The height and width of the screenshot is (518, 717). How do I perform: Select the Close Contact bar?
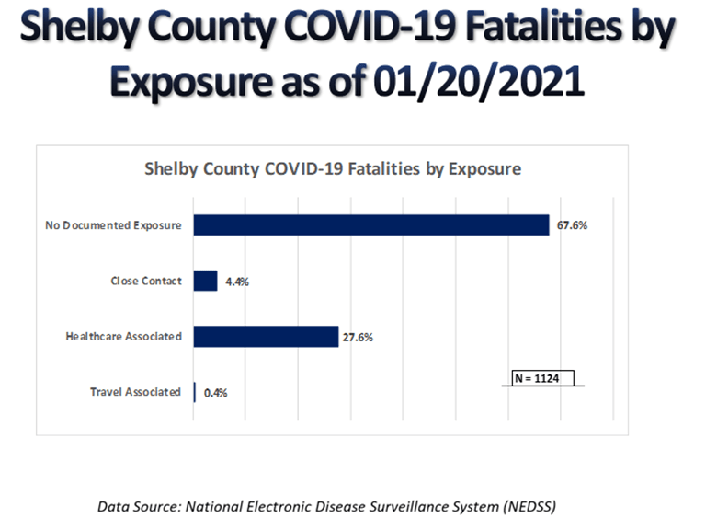(x=205, y=281)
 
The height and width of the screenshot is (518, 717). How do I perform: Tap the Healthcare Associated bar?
(x=266, y=336)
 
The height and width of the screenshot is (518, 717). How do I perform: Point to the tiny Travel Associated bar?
(x=194, y=391)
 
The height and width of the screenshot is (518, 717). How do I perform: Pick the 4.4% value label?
(x=237, y=282)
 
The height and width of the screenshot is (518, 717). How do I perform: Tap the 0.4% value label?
(x=215, y=392)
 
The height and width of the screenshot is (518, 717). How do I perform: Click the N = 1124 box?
(x=543, y=378)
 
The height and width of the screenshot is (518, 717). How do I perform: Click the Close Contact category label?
(x=146, y=281)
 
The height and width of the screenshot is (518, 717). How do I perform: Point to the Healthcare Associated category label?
(x=123, y=336)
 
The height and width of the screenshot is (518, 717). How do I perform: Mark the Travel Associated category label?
(x=135, y=391)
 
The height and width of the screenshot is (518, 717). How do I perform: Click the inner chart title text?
(x=333, y=169)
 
